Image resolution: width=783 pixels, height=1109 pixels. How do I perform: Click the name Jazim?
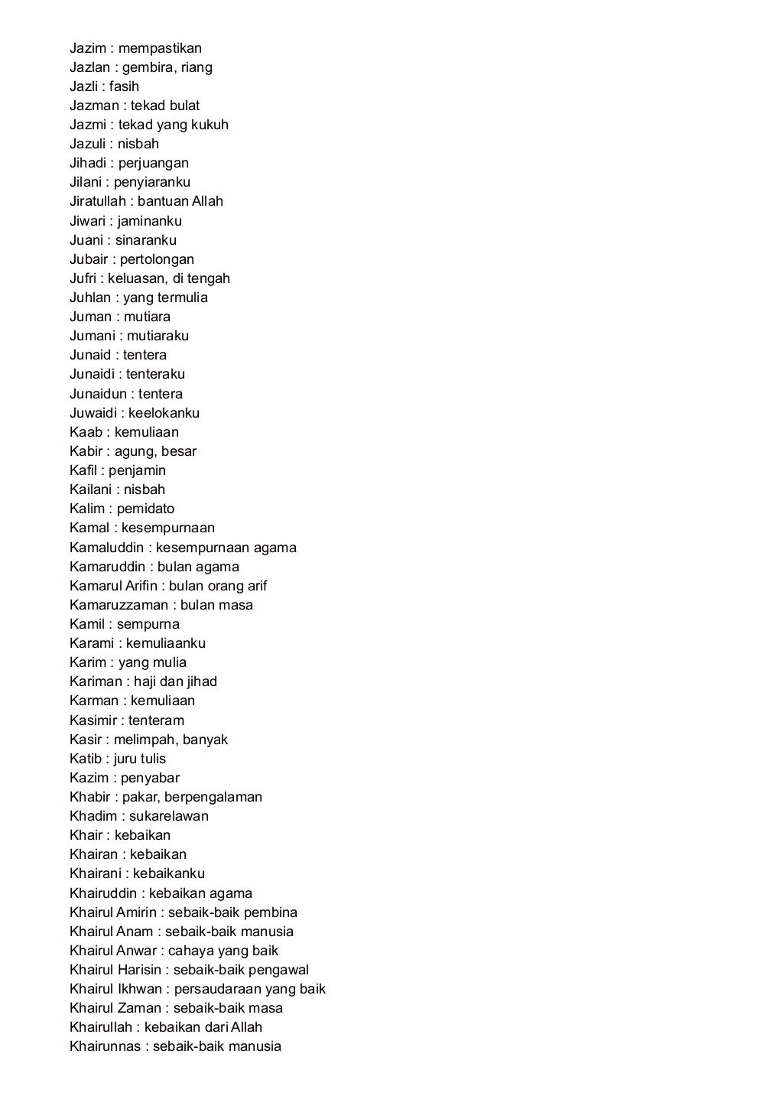point(87,48)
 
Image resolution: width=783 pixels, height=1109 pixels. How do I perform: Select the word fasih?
point(124,86)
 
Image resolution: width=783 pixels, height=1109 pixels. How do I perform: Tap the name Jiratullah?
point(97,201)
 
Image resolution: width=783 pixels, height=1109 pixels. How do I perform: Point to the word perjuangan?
point(153,163)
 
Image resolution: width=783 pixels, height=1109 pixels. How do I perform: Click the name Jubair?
point(89,259)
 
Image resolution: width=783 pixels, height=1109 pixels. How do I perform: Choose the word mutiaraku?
point(158,336)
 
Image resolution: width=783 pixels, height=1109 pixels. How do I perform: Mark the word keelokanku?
point(164,413)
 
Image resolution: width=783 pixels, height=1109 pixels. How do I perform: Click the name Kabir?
point(86,451)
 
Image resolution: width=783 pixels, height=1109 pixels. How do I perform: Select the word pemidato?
point(145,509)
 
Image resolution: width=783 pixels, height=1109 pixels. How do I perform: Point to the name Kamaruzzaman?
point(119,605)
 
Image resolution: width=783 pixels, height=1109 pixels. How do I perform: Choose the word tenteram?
point(156,720)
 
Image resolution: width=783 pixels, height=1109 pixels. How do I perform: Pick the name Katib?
point(86,759)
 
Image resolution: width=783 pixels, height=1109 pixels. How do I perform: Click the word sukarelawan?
point(168,816)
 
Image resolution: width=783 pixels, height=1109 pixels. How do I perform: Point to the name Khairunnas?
point(105,1046)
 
